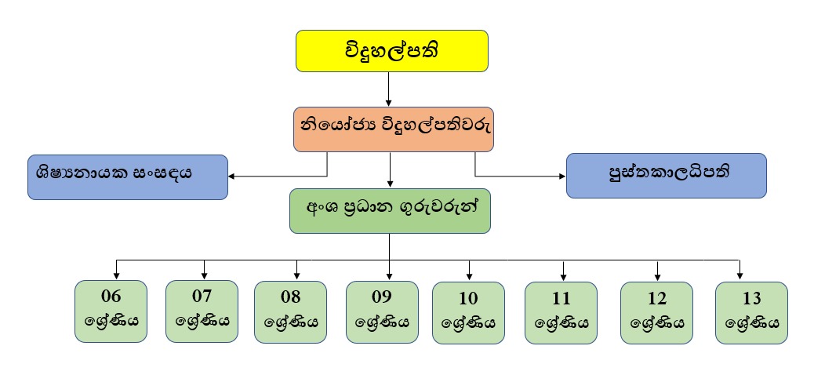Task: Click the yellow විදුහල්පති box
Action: pyautogui.click(x=392, y=51)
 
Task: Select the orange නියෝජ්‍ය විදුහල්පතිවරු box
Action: pyautogui.click(x=394, y=129)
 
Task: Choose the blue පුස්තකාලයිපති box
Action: pyautogui.click(x=666, y=175)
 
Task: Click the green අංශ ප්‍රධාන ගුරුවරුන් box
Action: pyautogui.click(x=390, y=210)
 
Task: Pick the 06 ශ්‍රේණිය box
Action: pyautogui.click(x=111, y=311)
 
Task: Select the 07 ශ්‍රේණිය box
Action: pyautogui.click(x=202, y=311)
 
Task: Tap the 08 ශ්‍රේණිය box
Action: pyautogui.click(x=291, y=311)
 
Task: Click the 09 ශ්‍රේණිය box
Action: pyautogui.click(x=382, y=311)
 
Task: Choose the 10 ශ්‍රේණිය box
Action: pyautogui.click(x=468, y=312)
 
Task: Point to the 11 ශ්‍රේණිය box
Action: pyautogui.click(x=561, y=312)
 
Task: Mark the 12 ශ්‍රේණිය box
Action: pyautogui.click(x=656, y=312)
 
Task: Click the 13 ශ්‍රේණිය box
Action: pyautogui.click(x=751, y=312)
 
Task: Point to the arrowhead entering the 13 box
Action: pyautogui.click(x=740, y=275)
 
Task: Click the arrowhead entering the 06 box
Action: pyautogui.click(x=117, y=275)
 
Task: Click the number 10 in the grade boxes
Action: pyautogui.click(x=468, y=299)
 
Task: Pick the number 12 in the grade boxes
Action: pyautogui.click(x=656, y=299)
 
